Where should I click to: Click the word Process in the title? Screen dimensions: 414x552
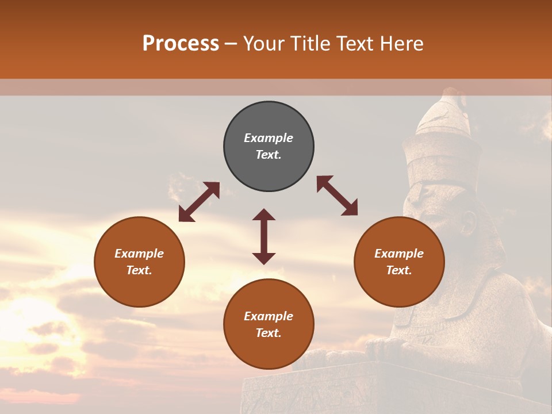coord(181,44)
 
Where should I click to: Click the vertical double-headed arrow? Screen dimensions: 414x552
coord(264,236)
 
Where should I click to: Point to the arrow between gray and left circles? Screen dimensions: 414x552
coord(199,202)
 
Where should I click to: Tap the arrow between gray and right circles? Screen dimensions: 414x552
coord(337,195)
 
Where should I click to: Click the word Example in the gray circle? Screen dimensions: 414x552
coord(269,138)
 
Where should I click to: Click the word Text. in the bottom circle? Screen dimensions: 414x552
coord(269,333)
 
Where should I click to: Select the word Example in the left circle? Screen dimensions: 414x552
coord(139,254)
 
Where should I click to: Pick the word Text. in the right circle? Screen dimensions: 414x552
coord(399,270)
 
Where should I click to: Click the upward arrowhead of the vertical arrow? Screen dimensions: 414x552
coord(264,215)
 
